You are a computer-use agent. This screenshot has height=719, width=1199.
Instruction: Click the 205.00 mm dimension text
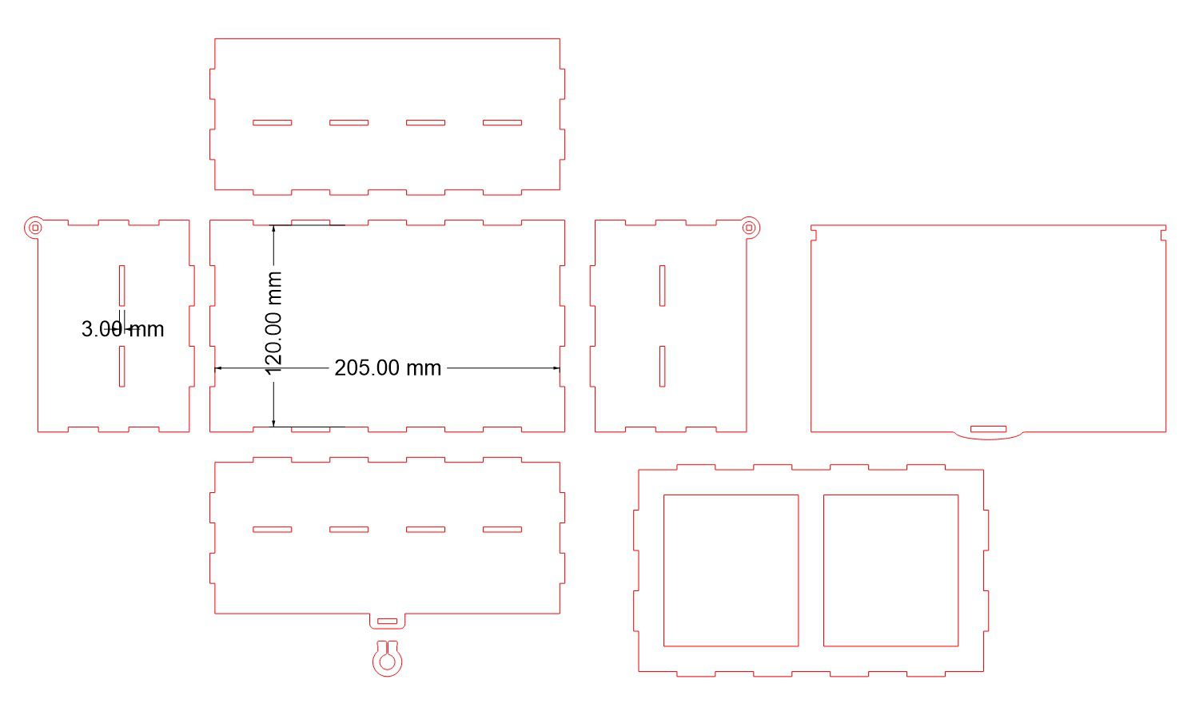[388, 368]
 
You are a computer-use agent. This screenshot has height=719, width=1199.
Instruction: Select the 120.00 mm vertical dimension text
[273, 323]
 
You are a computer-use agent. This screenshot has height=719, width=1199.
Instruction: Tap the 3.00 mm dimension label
[122, 328]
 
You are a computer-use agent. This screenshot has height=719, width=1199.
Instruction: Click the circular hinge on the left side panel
[35, 228]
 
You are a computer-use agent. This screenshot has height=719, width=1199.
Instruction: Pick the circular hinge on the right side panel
[750, 228]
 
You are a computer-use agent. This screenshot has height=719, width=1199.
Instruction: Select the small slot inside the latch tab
[387, 621]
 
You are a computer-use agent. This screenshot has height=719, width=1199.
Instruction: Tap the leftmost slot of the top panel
[272, 122]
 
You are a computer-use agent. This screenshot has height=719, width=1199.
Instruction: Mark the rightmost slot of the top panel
[502, 122]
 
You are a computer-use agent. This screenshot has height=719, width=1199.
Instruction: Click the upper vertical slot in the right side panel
[662, 286]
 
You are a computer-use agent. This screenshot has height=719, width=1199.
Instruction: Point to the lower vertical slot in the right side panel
[662, 366]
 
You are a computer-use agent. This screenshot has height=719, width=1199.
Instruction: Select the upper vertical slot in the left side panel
[122, 286]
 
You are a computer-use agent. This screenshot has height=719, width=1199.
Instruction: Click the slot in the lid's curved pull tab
[988, 428]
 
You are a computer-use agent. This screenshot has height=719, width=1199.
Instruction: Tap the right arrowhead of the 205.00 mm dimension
[556, 368]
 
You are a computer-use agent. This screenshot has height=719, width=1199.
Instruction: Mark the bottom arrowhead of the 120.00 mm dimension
[273, 423]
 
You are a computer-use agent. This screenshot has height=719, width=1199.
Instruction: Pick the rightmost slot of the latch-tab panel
[502, 530]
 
